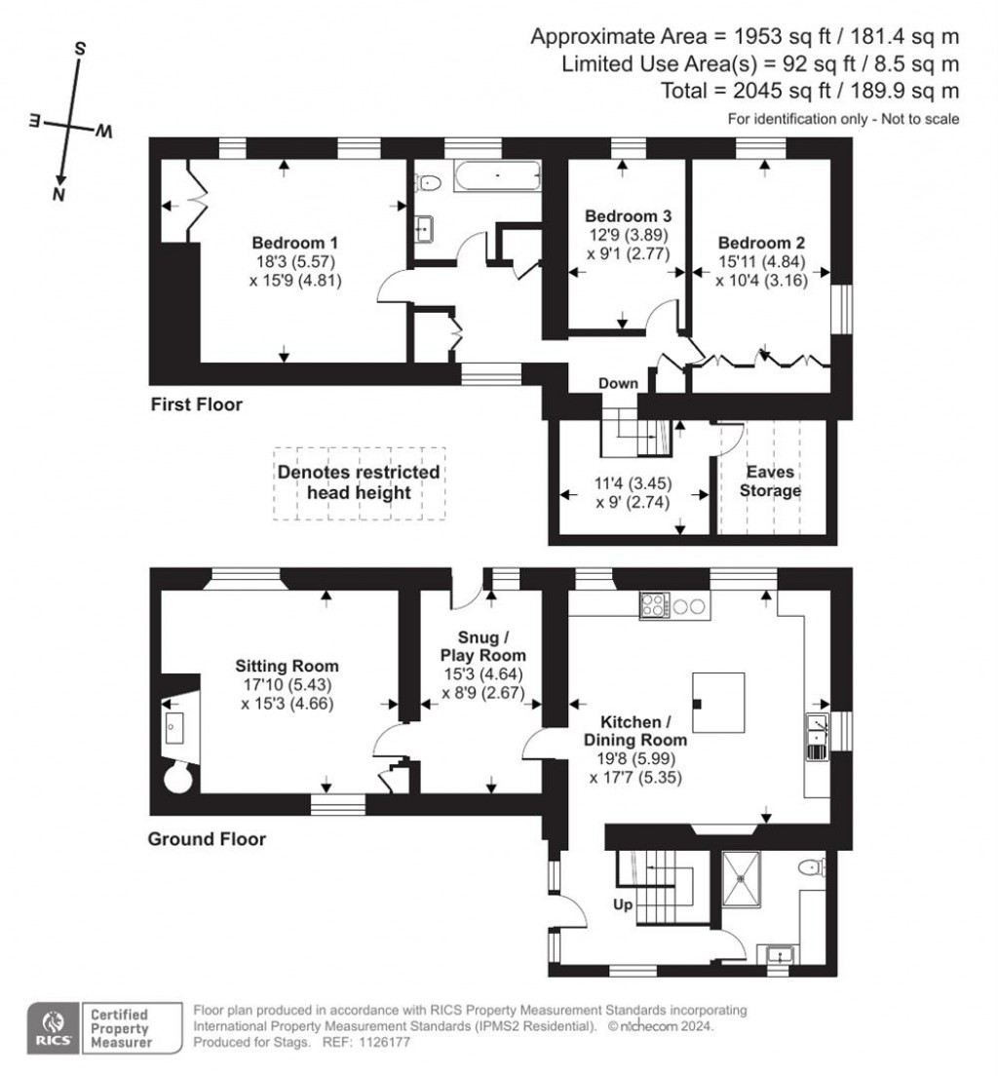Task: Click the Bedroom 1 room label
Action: tap(294, 243)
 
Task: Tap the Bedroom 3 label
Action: tap(628, 216)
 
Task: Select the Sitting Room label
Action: tap(287, 666)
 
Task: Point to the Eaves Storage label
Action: tap(770, 481)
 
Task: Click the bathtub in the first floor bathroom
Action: tap(498, 177)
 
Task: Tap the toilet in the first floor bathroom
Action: tap(427, 183)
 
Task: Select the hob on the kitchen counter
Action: tap(655, 606)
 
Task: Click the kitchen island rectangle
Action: tap(718, 703)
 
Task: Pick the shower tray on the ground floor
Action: tap(742, 879)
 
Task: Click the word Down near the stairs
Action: tap(618, 384)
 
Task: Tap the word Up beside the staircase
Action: tap(623, 905)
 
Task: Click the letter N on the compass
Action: tap(59, 194)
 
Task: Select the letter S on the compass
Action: tap(80, 49)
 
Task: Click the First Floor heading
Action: tap(196, 404)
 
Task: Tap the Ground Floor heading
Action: tap(207, 838)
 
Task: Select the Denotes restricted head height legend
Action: tap(359, 482)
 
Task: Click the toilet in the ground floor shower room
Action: tap(812, 866)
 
